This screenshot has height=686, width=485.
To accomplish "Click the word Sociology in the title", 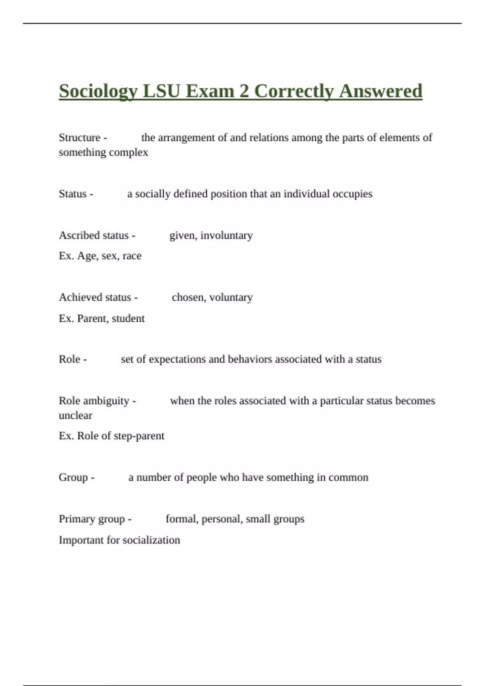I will (x=98, y=91).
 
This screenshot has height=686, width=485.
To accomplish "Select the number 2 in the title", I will (x=244, y=91).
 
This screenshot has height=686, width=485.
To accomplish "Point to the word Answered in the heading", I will (x=381, y=91).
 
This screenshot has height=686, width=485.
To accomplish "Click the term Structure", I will (x=80, y=138).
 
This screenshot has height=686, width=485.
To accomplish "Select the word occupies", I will (x=352, y=194).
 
